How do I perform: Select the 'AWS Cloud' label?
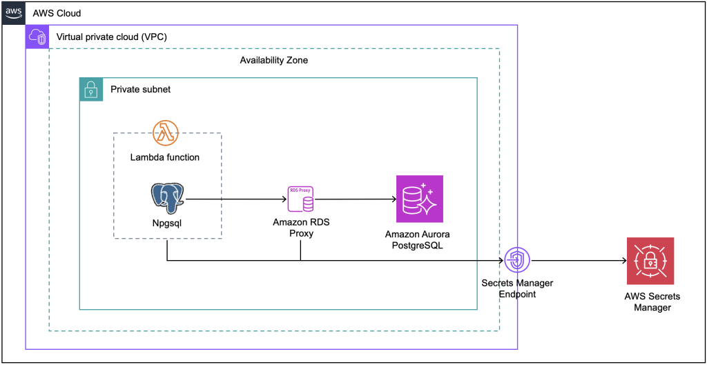pyautogui.click(x=57, y=14)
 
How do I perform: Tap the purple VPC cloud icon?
pyautogui.click(x=37, y=37)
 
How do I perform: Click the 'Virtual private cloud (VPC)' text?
pyautogui.click(x=111, y=37)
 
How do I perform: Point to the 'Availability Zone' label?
pyautogui.click(x=273, y=60)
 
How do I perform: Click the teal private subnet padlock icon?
pyautogui.click(x=91, y=89)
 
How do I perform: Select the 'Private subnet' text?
pyautogui.click(x=140, y=90)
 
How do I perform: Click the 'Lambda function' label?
pyautogui.click(x=165, y=157)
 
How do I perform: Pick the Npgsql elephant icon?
pyautogui.click(x=168, y=199)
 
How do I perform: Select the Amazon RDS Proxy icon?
pyautogui.click(x=300, y=199)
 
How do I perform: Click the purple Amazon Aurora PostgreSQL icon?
pyautogui.click(x=419, y=199)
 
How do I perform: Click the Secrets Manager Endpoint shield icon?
pyautogui.click(x=516, y=261)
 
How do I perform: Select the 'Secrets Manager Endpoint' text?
pyautogui.click(x=517, y=288)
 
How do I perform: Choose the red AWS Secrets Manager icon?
pyautogui.click(x=650, y=261)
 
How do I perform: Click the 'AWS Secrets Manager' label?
pyautogui.click(x=652, y=302)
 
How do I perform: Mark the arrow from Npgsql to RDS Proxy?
pyautogui.click(x=235, y=199)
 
